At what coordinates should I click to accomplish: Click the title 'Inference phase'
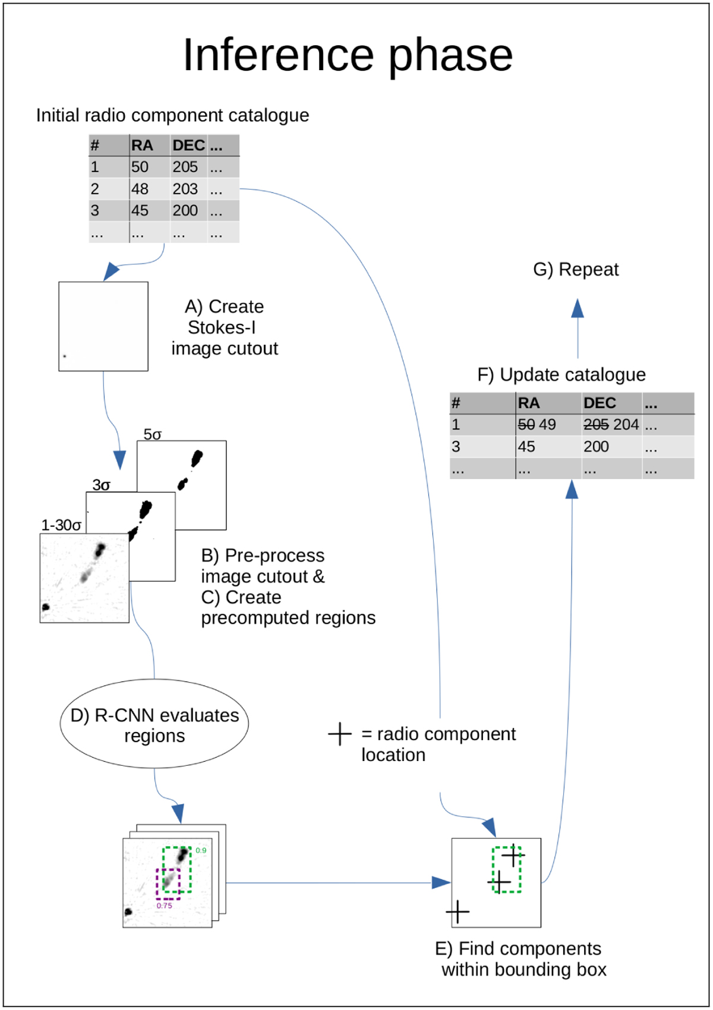point(348,55)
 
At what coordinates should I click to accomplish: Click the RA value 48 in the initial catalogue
point(140,189)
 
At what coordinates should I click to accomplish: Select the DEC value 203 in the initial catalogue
point(185,189)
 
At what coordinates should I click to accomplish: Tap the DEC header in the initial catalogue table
point(188,146)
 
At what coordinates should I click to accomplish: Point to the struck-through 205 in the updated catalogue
point(596,425)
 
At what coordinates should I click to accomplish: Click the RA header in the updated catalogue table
point(529,403)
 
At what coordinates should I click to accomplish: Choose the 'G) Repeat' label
point(576,270)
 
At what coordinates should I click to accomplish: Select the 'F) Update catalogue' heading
point(561,375)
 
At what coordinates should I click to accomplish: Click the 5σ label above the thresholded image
point(153,434)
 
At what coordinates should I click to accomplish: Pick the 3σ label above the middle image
point(101,485)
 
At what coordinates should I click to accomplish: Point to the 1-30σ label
point(61,525)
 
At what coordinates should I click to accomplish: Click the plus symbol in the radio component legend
point(340,734)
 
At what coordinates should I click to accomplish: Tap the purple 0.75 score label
point(165,906)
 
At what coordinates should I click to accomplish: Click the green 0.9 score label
point(201,851)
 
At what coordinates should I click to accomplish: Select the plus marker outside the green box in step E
point(458,912)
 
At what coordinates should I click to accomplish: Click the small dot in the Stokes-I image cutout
point(65,356)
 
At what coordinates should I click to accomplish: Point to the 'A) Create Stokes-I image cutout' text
point(225,327)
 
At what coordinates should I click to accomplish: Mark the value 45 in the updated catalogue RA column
point(526,447)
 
